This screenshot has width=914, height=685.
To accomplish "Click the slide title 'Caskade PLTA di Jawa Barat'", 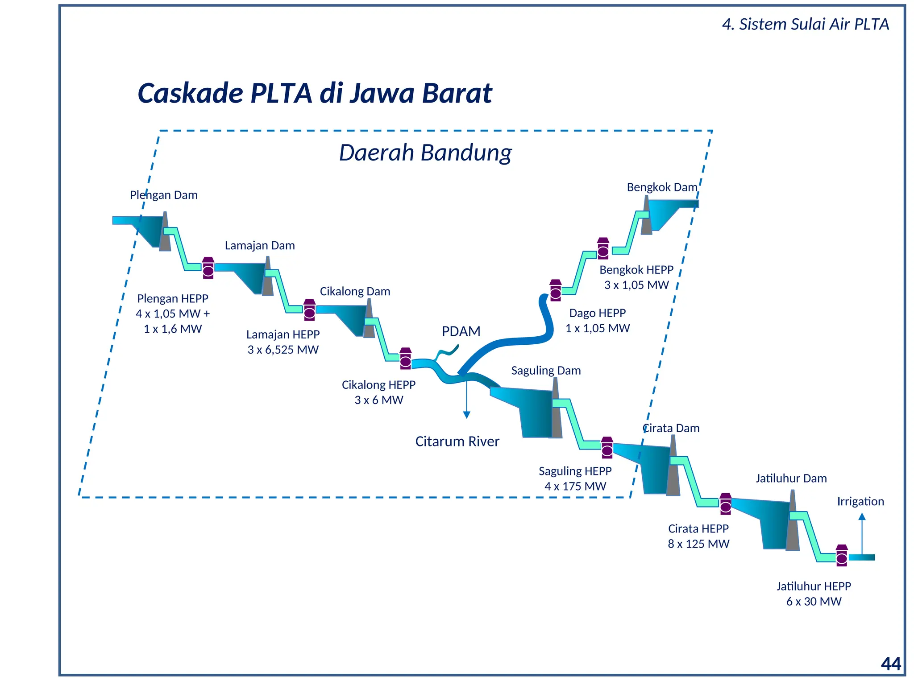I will point(315,93).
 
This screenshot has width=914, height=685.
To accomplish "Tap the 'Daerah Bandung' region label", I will point(425,153).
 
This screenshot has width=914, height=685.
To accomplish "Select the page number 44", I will point(891,664).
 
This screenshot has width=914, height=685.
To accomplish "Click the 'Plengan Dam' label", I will point(164,195).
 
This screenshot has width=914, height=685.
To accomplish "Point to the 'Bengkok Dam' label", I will point(661,187).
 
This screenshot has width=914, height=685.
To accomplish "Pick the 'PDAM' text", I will point(461,331).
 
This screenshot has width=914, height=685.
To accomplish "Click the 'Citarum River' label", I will point(457,442).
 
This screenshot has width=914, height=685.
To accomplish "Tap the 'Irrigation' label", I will point(860,501).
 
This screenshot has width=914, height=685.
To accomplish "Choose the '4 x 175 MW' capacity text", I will point(575,486).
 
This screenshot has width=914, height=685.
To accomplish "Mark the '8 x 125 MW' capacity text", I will point(698,544).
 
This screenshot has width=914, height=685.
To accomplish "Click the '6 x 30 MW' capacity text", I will point(814,601).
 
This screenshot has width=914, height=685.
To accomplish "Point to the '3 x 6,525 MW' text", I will point(283,350).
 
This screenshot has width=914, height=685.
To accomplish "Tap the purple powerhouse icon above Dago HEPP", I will point(556,291).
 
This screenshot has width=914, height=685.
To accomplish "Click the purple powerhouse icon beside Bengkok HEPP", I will point(603,248).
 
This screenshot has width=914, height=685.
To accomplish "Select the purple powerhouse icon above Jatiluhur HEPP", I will point(842,555).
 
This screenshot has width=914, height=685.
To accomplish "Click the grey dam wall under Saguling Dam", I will point(556,415).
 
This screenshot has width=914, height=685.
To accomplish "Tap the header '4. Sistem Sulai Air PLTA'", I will point(806,24).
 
